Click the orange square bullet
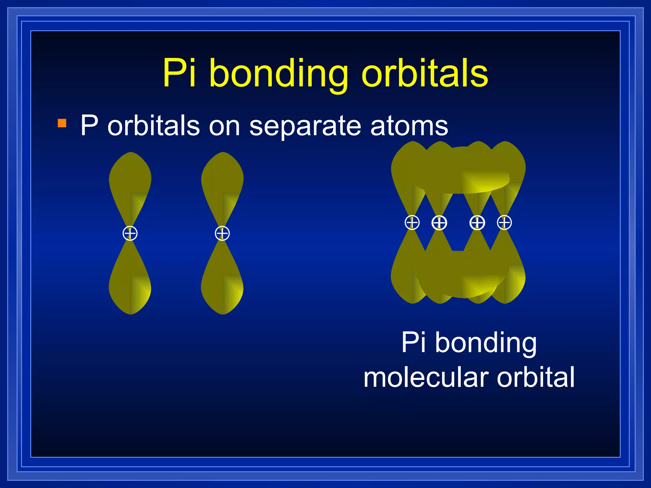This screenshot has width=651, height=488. click(x=62, y=123)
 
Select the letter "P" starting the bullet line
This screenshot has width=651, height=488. click(x=89, y=125)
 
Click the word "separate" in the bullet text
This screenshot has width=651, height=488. click(x=305, y=126)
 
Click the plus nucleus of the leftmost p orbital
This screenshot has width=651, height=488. click(x=130, y=234)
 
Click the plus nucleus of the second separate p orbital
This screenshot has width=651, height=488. click(x=222, y=234)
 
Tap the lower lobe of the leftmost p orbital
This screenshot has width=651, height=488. click(x=130, y=286)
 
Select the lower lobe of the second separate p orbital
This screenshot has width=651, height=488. click(x=222, y=286)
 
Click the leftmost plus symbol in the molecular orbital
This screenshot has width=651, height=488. click(x=412, y=222)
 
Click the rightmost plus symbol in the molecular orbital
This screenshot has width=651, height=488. click(x=504, y=222)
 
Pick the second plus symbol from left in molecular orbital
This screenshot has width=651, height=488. click(x=439, y=223)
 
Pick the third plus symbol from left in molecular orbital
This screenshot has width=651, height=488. click(x=477, y=223)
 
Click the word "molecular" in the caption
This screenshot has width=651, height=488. click(x=426, y=377)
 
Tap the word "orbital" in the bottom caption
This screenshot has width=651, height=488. click(x=536, y=377)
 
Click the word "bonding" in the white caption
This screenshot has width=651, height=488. click(x=486, y=343)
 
